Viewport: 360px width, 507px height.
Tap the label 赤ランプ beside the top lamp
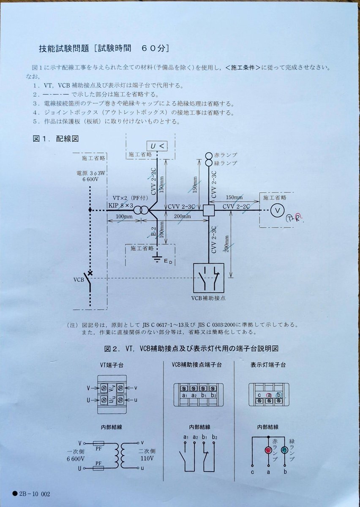click(226, 155)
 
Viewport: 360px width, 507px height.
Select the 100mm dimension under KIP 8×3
click(119, 217)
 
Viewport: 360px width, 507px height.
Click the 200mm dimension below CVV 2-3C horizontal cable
click(182, 217)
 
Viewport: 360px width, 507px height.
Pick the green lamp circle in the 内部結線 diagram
click(284, 450)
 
